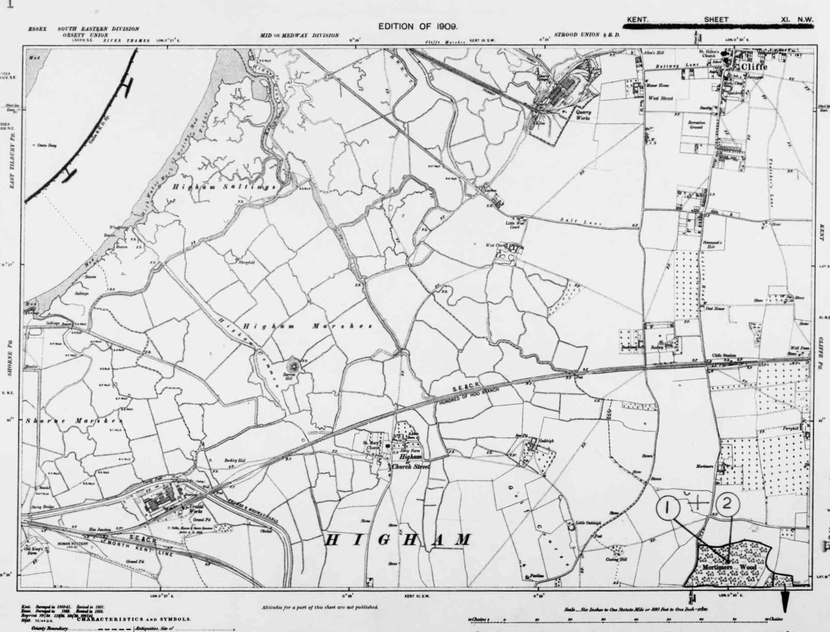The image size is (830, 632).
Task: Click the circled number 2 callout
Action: pos(727,505)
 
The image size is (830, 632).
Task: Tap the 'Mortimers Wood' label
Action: pos(733,567)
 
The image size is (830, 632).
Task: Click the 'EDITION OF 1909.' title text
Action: pos(418,26)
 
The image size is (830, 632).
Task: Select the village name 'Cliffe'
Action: pos(754,67)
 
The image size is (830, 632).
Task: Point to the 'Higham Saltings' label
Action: pos(224,187)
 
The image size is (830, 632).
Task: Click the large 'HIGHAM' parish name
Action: pos(399,540)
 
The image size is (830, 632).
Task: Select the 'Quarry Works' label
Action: pos(583,115)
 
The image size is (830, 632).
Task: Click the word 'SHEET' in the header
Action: pos(716,20)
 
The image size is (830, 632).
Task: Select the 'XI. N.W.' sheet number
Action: pos(796,20)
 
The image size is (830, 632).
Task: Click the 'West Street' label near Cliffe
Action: pos(660,98)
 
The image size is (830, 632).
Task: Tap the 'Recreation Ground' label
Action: pos(696,124)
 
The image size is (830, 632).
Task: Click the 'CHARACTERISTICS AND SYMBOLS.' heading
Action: pos(134,619)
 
